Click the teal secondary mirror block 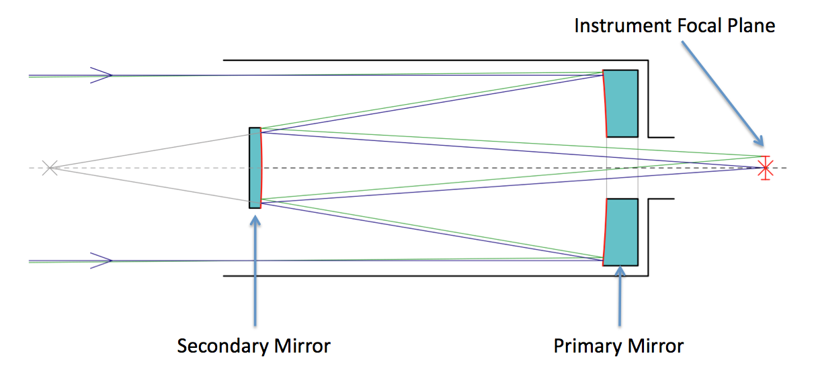[255, 167]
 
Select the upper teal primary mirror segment [622, 103]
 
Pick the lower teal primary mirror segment [622, 232]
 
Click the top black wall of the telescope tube [430, 60]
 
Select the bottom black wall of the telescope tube [430, 275]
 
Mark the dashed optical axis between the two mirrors [430, 167]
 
